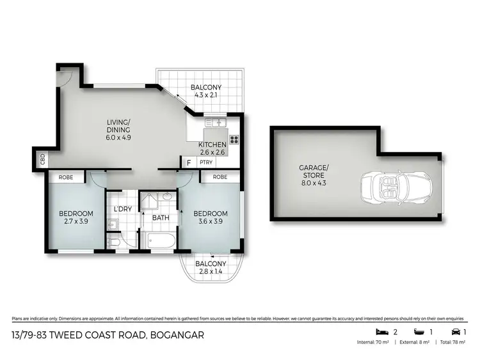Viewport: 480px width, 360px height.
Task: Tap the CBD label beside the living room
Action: click(x=42, y=158)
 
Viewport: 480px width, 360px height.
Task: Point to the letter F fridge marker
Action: click(x=189, y=162)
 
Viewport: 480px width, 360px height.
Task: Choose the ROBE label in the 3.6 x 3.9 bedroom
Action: click(x=220, y=177)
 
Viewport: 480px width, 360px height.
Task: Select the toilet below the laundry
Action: click(x=114, y=243)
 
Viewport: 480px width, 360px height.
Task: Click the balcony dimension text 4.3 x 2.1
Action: click(x=207, y=97)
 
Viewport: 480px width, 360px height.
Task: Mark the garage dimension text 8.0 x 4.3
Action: click(x=314, y=181)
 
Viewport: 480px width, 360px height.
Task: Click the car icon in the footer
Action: click(x=455, y=332)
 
